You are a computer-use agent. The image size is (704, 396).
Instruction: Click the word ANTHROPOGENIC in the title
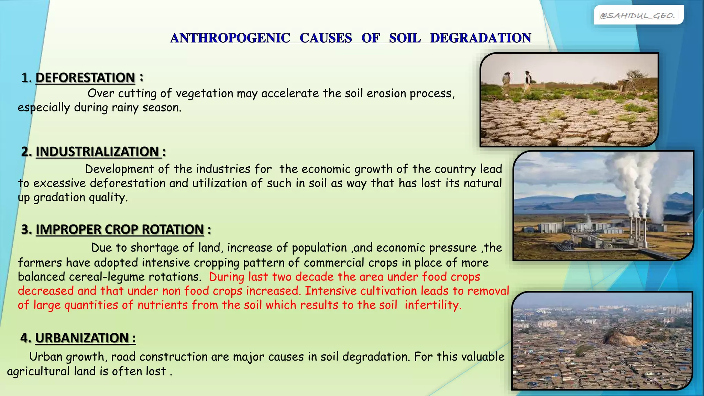pyautogui.click(x=230, y=38)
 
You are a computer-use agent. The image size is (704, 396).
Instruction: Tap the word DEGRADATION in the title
pyautogui.click(x=481, y=38)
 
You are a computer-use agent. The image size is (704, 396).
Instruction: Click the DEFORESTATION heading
pyautogui.click(x=85, y=78)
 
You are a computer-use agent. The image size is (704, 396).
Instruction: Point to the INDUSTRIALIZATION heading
pyautogui.click(x=97, y=152)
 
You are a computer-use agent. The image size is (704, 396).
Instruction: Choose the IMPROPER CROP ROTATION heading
pyautogui.click(x=120, y=229)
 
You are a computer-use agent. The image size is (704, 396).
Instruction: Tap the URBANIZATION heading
pyautogui.click(x=82, y=338)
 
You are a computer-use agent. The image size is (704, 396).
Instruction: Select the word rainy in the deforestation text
pyautogui.click(x=123, y=108)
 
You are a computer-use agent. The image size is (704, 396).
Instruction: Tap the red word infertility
pyautogui.click(x=432, y=305)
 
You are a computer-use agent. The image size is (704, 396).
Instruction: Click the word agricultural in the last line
pyautogui.click(x=38, y=371)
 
